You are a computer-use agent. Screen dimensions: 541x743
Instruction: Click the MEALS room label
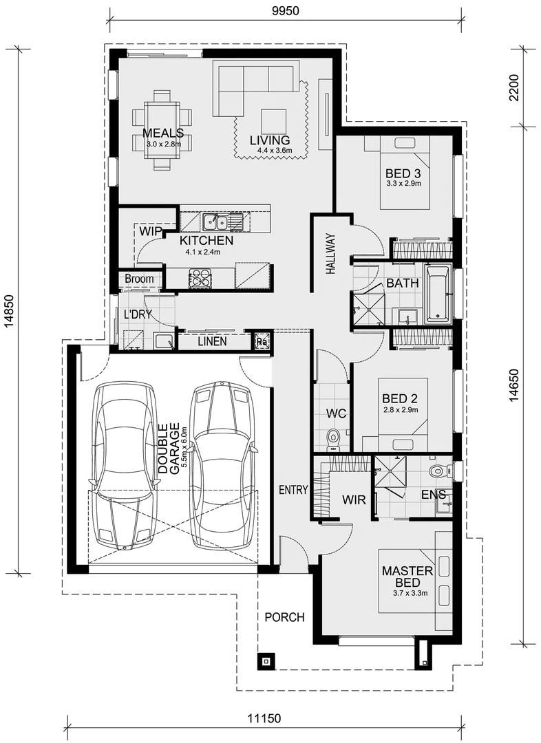(163, 133)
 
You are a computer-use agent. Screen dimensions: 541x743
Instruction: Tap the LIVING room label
(270, 140)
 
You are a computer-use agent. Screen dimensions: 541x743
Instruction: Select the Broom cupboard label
(140, 279)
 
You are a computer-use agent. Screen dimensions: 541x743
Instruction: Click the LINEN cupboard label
(212, 341)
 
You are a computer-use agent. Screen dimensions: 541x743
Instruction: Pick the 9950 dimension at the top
(286, 10)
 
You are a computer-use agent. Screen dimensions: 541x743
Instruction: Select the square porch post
(266, 660)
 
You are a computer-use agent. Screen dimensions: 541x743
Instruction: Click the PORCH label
(284, 617)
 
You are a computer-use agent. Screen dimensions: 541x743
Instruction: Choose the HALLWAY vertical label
(330, 253)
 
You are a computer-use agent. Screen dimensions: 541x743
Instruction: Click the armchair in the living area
(273, 122)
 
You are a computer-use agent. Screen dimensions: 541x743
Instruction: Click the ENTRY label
(293, 490)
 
